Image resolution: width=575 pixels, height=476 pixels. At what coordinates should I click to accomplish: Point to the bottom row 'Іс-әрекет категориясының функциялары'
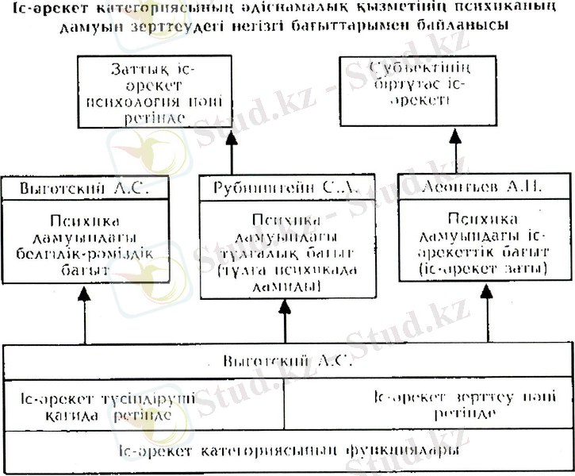click(x=286, y=452)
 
